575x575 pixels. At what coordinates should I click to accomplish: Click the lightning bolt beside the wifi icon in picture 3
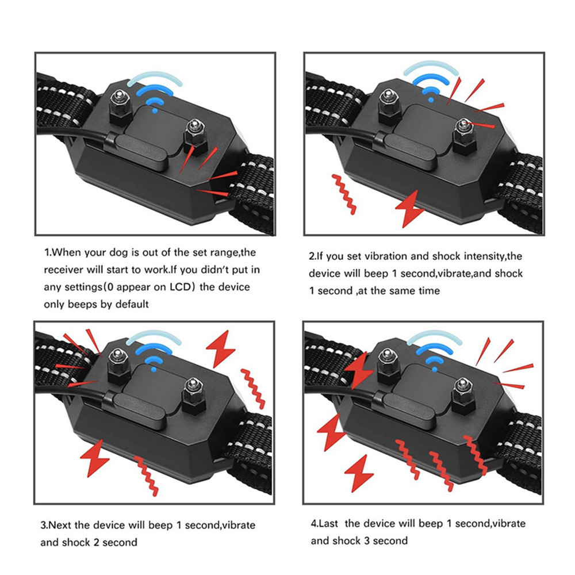(220, 348)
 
